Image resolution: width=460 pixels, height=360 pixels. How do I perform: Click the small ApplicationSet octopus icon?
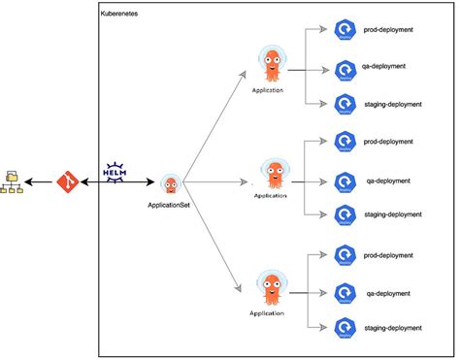click(x=171, y=184)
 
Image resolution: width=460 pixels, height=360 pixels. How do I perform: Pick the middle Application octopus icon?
click(x=271, y=173)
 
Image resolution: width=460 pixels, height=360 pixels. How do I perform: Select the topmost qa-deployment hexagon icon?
click(x=345, y=69)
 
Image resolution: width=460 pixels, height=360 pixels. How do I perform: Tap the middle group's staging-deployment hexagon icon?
click(x=345, y=215)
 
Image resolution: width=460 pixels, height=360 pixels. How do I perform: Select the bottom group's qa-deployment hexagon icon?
click(x=345, y=292)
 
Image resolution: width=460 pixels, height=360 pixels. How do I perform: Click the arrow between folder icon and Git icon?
click(x=41, y=181)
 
